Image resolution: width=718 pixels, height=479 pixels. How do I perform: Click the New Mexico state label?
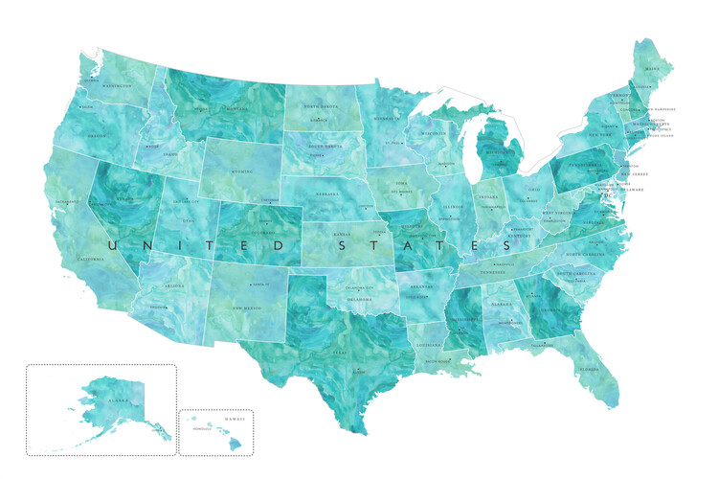pyautogui.click(x=247, y=308)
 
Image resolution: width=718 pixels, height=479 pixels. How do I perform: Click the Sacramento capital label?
pyautogui.click(x=66, y=202)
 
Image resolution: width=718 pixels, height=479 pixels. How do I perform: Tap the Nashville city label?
pyautogui.click(x=506, y=263)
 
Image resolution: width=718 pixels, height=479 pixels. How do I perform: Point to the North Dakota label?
pyautogui.click(x=321, y=106)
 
